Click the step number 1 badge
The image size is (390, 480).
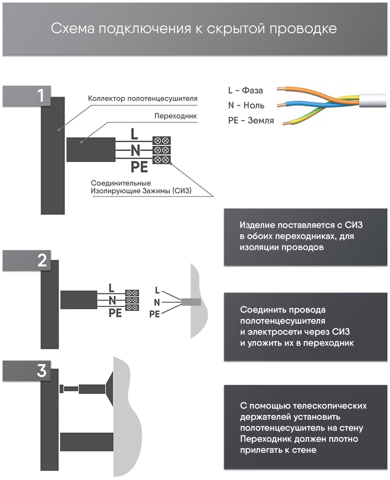pyautogui.click(x=41, y=96)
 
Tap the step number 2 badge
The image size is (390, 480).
pyautogui.click(x=42, y=261)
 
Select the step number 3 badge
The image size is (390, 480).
pyautogui.click(x=42, y=371)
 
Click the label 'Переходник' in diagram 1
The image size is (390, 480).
pyautogui.click(x=175, y=116)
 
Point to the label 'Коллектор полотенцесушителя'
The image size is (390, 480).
pyautogui.click(x=143, y=99)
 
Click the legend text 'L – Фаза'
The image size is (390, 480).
pyautogui.click(x=246, y=91)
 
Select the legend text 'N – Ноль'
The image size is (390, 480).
pyautogui.click(x=246, y=105)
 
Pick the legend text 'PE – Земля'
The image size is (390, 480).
pyautogui.click(x=251, y=121)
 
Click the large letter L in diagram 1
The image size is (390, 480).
pyautogui.click(x=134, y=134)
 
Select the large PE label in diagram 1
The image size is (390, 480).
pyautogui.click(x=139, y=167)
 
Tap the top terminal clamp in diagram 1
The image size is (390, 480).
pyautogui.click(x=162, y=141)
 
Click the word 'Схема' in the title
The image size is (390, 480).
pyautogui.click(x=73, y=29)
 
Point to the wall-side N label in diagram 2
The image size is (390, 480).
pyautogui.click(x=157, y=303)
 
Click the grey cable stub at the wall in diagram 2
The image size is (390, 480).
pyautogui.click(x=191, y=302)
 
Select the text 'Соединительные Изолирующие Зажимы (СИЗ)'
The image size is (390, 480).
pyautogui.click(x=141, y=187)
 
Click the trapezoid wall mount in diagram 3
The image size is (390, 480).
pyautogui.click(x=109, y=389)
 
